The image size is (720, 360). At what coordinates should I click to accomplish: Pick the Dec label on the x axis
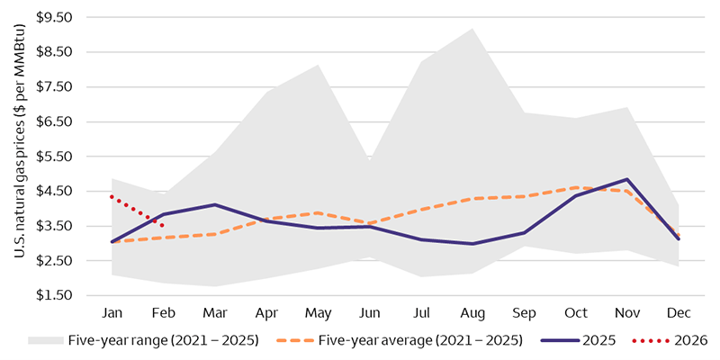pos(679,311)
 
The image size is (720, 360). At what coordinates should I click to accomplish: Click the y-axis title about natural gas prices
pos(19,155)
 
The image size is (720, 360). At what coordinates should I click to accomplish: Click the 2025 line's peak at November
pos(627,179)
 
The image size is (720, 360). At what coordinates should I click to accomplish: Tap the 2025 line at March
pos(214,204)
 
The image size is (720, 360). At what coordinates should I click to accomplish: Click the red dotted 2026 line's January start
pos(111,196)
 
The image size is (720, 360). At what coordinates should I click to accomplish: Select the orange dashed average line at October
pos(576,187)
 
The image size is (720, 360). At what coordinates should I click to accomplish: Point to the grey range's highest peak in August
pos(473,29)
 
